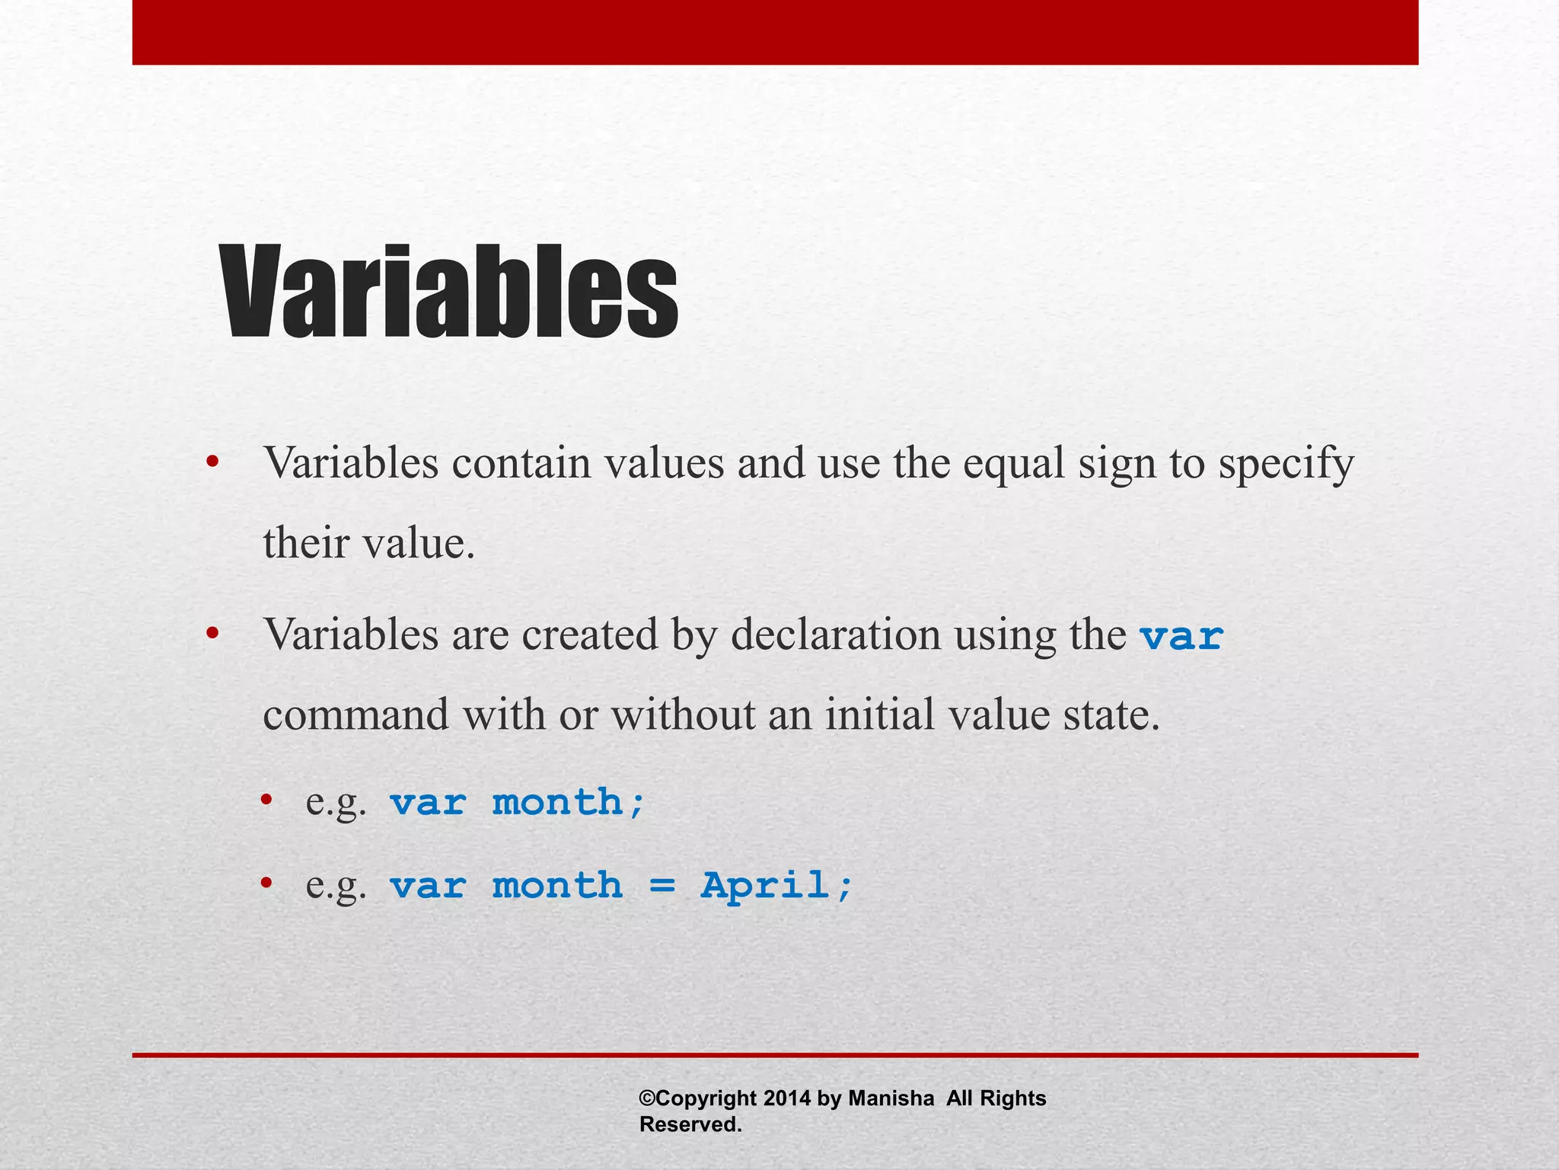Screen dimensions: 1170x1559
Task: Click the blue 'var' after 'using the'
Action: click(x=1181, y=636)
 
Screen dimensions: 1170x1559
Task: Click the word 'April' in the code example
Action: click(x=764, y=885)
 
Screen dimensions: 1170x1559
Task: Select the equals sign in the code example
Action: click(x=662, y=886)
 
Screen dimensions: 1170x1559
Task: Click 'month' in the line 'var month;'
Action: click(x=558, y=803)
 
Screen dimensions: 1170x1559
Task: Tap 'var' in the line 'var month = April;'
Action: click(x=428, y=886)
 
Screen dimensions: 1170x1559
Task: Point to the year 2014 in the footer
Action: click(x=787, y=1098)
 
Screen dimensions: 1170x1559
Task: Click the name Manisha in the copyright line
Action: click(x=891, y=1098)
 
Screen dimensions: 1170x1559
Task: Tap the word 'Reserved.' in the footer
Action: click(x=690, y=1125)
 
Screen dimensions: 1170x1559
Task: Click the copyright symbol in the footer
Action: click(x=647, y=1098)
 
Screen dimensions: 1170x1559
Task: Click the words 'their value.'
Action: click(x=368, y=544)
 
